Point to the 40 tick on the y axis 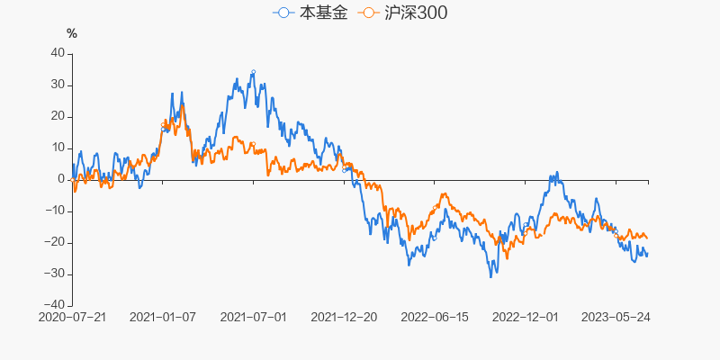(x=57, y=53)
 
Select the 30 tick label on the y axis (x=57, y=85)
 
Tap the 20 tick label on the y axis (x=57, y=116)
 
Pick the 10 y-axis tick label (x=57, y=148)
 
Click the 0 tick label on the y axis (x=60, y=179)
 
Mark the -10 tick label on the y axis (x=55, y=211)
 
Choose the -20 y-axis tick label (x=55, y=242)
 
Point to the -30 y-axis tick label (x=55, y=274)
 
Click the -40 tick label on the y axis (x=55, y=305)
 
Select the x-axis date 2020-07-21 (x=73, y=318)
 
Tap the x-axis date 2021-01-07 (x=163, y=318)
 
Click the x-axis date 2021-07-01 (x=254, y=318)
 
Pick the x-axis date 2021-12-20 (x=344, y=318)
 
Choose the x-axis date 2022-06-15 (x=435, y=318)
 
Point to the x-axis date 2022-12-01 (x=526, y=318)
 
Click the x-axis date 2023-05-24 (x=616, y=318)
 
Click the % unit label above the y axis (x=72, y=33)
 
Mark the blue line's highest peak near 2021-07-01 (x=253, y=71)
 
